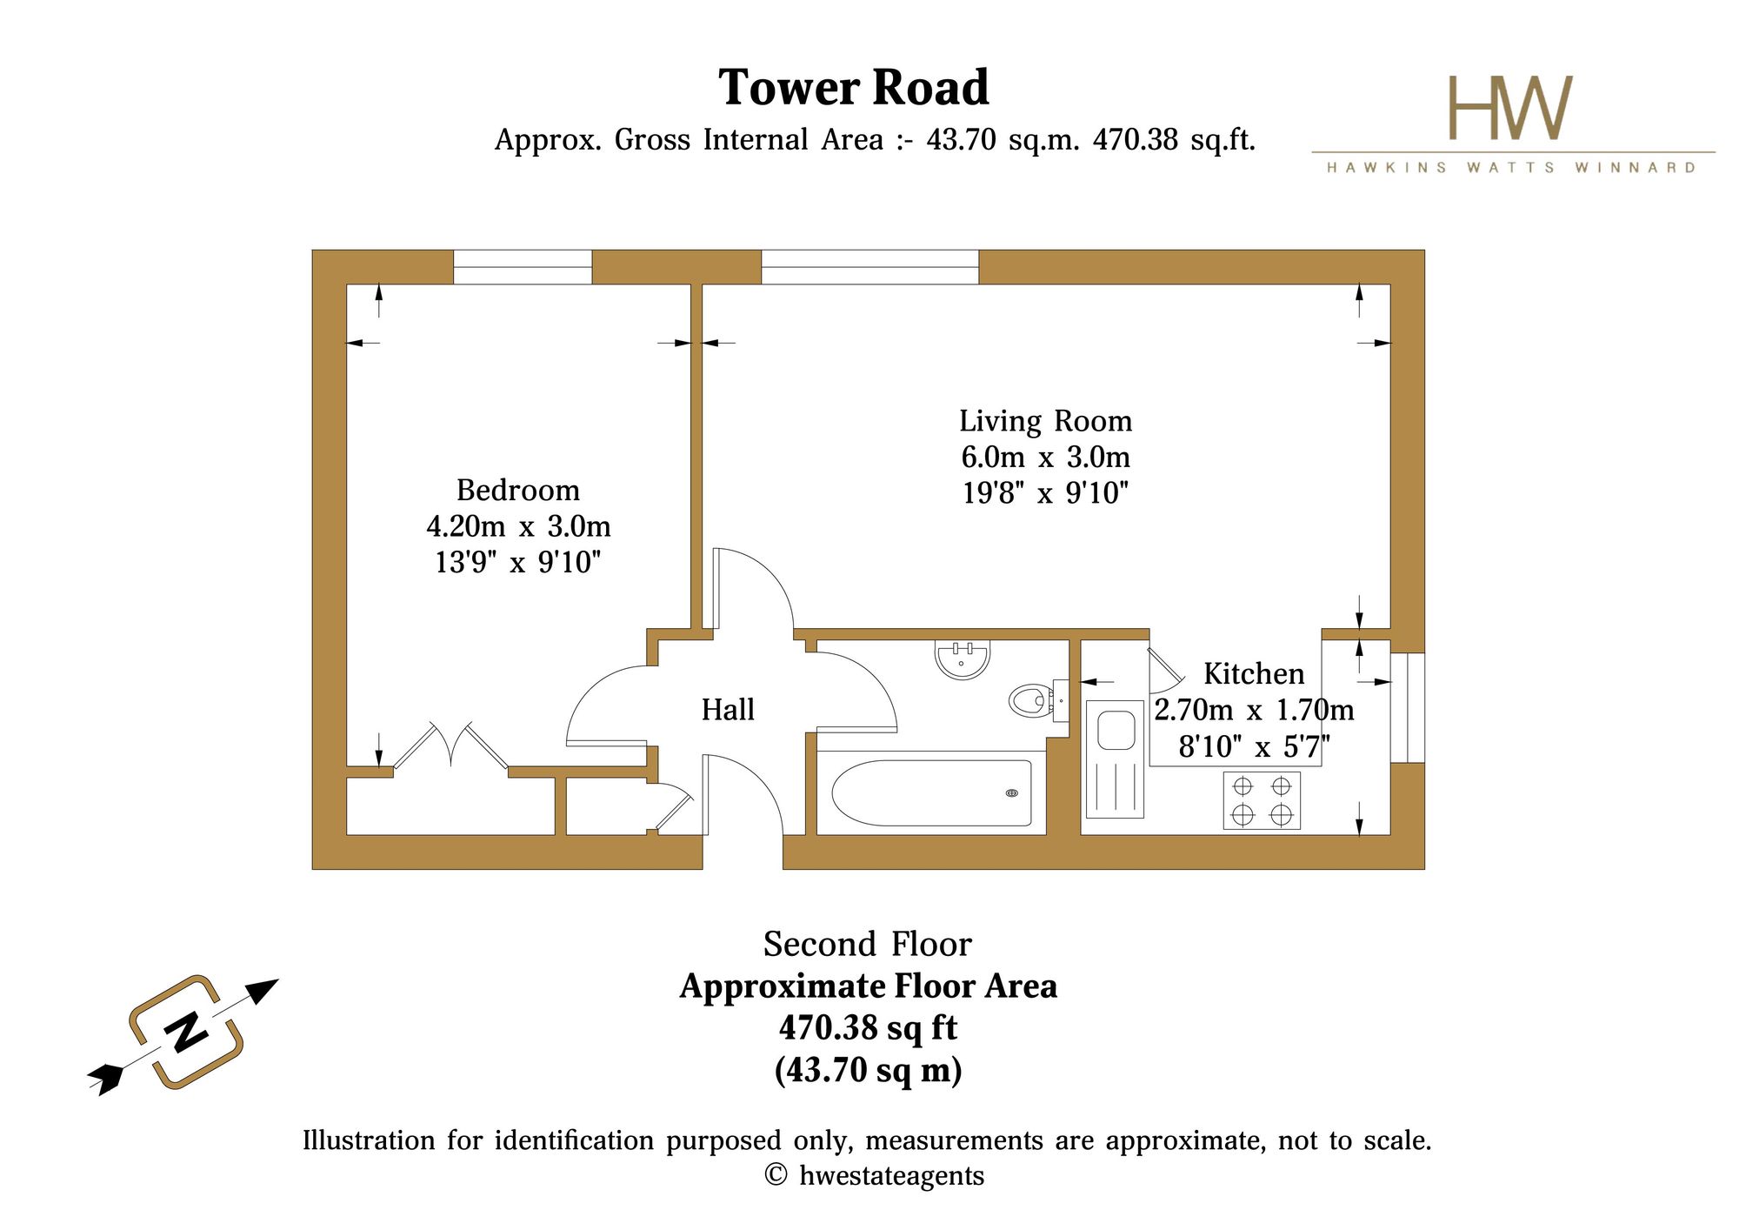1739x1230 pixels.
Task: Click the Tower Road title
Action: pyautogui.click(x=854, y=88)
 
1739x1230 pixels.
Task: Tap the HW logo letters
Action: pyautogui.click(x=1510, y=108)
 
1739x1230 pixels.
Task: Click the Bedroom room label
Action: pyautogui.click(x=518, y=491)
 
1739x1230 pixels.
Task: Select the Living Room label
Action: pyautogui.click(x=1046, y=421)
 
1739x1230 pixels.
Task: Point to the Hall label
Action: pyautogui.click(x=728, y=710)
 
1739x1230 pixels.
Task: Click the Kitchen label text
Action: pyautogui.click(x=1254, y=674)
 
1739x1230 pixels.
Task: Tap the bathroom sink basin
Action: pyautogui.click(x=963, y=658)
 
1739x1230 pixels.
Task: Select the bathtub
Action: pyautogui.click(x=932, y=792)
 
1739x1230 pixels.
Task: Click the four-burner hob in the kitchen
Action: pyautogui.click(x=1262, y=800)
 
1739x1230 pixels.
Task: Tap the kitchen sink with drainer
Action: pyautogui.click(x=1115, y=759)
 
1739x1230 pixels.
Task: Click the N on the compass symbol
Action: pyautogui.click(x=187, y=1033)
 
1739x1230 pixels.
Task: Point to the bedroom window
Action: pyautogui.click(x=523, y=267)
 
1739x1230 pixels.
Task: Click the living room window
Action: pyautogui.click(x=869, y=267)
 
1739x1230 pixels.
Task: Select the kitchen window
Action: pyautogui.click(x=1408, y=708)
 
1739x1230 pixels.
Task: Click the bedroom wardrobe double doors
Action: pyautogui.click(x=451, y=746)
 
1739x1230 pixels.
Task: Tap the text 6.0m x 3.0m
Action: pyautogui.click(x=1045, y=458)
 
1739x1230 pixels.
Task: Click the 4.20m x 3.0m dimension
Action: pyautogui.click(x=518, y=527)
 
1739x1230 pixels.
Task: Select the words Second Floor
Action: pyautogui.click(x=867, y=945)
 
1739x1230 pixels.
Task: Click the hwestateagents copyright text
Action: pyautogui.click(x=875, y=1176)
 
